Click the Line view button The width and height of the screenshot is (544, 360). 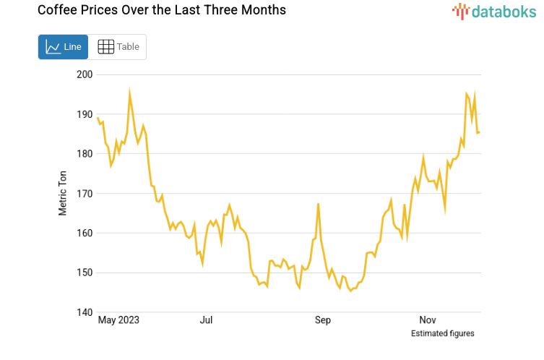[63, 47]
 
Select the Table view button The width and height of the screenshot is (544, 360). [118, 47]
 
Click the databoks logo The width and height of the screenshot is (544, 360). [494, 11]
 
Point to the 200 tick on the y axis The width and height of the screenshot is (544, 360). [85, 74]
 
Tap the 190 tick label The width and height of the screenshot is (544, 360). [85, 114]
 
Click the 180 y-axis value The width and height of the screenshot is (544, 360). [85, 154]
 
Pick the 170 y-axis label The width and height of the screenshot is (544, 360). [85, 194]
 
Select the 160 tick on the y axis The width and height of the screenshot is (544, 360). [85, 233]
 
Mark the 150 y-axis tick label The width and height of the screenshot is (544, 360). [85, 273]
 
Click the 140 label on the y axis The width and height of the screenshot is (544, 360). [85, 313]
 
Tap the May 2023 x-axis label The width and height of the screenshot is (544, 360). [118, 320]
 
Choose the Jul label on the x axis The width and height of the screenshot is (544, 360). [206, 320]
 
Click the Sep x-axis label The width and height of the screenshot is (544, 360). [322, 320]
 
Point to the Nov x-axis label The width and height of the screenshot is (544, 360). [427, 320]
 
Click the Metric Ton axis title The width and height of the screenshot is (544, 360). [63, 194]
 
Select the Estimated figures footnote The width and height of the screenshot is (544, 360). [442, 333]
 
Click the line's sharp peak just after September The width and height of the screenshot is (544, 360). [318, 205]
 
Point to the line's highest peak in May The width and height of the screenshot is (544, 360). [129, 93]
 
